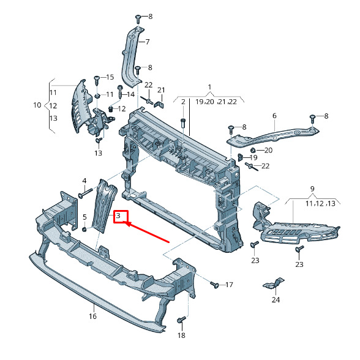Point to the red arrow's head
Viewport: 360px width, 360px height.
126,223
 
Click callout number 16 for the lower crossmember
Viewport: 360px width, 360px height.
93,317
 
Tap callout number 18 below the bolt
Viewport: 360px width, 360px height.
181,336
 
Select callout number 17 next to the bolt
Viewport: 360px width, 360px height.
229,285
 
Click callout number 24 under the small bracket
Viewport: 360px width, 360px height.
276,300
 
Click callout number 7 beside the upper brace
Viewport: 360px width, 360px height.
148,42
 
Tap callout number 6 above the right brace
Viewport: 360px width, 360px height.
274,116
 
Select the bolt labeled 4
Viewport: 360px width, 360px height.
86,193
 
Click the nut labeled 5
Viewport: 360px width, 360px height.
84,229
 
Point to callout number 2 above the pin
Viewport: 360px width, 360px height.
183,102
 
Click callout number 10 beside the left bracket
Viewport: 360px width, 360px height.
37,105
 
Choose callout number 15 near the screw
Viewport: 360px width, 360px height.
110,77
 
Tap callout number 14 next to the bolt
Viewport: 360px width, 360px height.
130,94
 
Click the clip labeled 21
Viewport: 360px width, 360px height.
159,104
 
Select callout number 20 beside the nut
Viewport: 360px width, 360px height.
268,151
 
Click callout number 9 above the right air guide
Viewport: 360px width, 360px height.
312,189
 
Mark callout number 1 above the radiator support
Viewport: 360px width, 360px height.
209,87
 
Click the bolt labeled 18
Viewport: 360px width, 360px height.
181,320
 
